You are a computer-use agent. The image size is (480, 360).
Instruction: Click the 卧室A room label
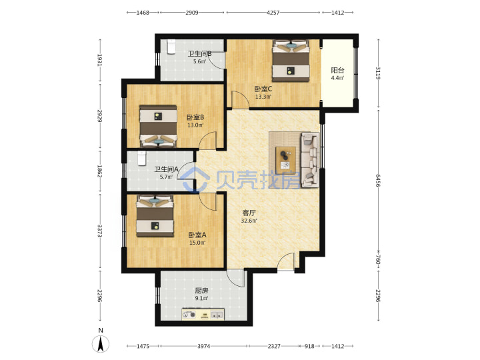tap(197, 235)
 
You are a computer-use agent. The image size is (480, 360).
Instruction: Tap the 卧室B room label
tap(195, 117)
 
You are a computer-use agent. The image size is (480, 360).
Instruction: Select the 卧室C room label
tap(263, 89)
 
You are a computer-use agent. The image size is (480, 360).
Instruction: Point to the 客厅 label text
tap(249, 213)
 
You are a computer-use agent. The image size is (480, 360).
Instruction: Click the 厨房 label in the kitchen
tap(202, 291)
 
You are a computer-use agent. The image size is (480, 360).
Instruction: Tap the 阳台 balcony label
tap(337, 70)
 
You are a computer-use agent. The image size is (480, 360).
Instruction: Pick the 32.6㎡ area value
tap(249, 221)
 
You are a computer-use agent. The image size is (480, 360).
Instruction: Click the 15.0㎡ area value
tap(197, 243)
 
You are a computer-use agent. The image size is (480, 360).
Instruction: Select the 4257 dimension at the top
tap(273, 13)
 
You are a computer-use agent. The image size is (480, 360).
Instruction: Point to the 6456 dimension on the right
tap(378, 180)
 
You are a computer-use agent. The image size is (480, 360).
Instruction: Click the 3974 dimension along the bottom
tap(203, 346)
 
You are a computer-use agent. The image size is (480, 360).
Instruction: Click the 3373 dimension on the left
tap(100, 231)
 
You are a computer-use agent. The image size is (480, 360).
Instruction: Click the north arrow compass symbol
tap(101, 343)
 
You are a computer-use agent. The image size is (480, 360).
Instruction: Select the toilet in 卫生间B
tap(171, 47)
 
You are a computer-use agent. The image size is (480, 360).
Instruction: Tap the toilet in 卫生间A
tap(141, 158)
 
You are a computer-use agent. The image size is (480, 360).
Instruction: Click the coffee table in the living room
tap(285, 158)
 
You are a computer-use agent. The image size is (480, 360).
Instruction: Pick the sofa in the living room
tap(310, 159)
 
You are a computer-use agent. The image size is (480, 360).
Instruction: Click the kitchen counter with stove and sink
tap(203, 315)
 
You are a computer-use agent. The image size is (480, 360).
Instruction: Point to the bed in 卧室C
tap(291, 61)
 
